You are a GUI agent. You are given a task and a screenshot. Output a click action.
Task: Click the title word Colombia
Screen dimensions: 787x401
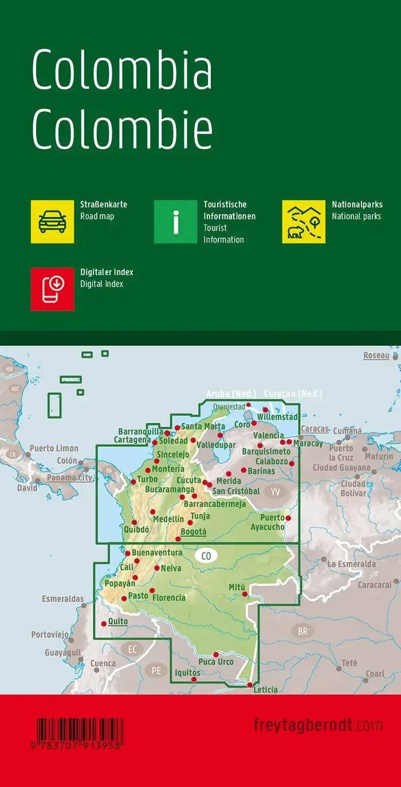point(122,70)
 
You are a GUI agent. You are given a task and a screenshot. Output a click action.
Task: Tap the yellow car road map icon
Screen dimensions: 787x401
point(52,222)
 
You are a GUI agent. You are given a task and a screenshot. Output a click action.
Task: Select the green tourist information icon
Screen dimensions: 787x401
point(176,222)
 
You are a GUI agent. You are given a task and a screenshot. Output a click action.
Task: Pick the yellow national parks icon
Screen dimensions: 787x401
point(304,222)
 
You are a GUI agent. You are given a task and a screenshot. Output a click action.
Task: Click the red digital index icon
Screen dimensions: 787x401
point(52,289)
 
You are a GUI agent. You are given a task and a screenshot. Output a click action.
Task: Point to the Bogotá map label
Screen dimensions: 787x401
point(193,532)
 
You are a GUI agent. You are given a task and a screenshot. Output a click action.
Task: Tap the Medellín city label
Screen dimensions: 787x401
point(168,519)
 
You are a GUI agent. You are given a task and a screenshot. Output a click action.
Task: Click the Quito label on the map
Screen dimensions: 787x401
point(117,621)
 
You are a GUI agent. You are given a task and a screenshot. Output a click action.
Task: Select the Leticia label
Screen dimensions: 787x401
point(265,690)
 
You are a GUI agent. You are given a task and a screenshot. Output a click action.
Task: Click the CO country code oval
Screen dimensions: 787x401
point(206,555)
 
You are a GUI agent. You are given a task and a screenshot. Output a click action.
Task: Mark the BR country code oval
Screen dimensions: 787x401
point(302,632)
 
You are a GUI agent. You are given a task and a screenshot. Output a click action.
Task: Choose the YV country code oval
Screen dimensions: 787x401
point(276,491)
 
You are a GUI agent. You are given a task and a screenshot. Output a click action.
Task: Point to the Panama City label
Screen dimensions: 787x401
point(69,477)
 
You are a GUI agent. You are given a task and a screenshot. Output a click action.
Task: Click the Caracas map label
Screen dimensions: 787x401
point(314,428)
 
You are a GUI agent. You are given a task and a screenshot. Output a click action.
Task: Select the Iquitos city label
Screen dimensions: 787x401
point(188,672)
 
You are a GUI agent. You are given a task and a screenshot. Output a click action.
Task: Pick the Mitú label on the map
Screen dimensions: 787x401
point(237,587)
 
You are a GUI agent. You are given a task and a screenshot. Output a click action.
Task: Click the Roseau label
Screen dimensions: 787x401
point(376,356)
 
